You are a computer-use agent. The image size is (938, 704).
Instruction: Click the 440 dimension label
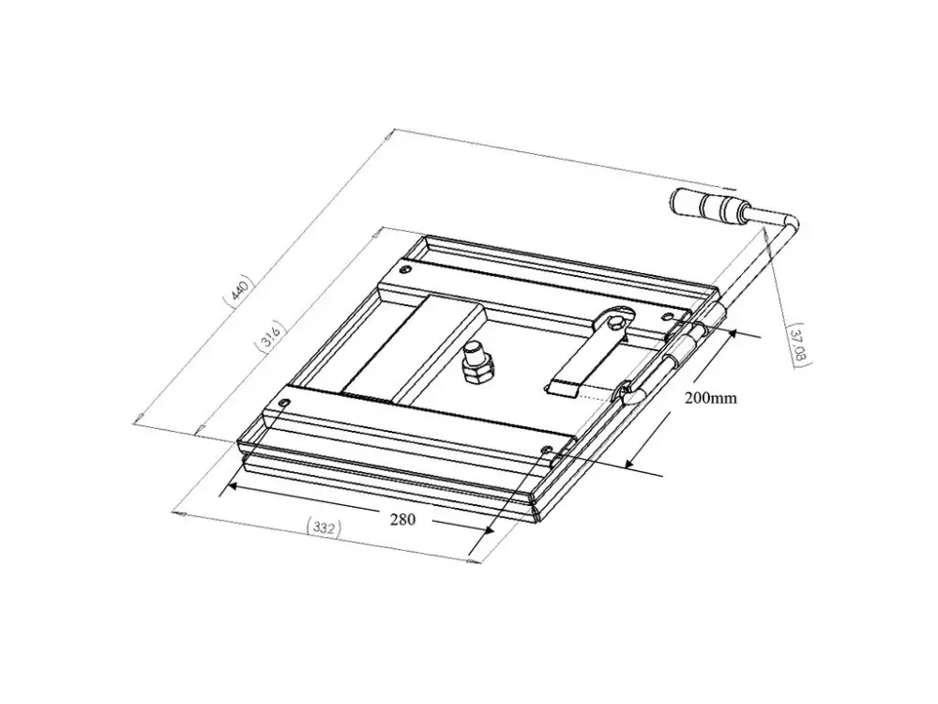pyautogui.click(x=238, y=291)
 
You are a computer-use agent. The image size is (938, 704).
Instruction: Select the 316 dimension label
pyautogui.click(x=270, y=335)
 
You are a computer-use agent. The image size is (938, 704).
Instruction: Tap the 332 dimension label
pyautogui.click(x=323, y=528)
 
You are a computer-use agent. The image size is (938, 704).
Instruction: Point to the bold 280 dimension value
pyautogui.click(x=402, y=520)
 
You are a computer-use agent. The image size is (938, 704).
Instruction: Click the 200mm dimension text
pyautogui.click(x=711, y=397)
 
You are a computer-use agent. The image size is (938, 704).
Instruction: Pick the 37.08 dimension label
pyautogui.click(x=798, y=345)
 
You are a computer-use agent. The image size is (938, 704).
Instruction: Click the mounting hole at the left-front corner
pyautogui.click(x=285, y=404)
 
